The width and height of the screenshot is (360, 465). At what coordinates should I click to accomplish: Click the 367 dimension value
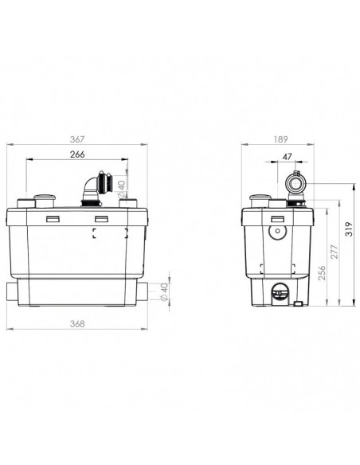click(77, 139)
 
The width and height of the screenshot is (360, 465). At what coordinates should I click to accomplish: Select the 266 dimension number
click(77, 154)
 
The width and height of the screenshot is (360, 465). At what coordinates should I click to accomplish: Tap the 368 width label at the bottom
click(77, 324)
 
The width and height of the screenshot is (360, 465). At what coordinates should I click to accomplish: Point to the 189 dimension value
click(280, 139)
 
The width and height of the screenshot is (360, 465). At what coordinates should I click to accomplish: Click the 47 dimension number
click(287, 156)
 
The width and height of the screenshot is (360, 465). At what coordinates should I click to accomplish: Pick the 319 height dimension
click(350, 229)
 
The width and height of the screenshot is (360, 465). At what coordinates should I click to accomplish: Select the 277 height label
click(335, 252)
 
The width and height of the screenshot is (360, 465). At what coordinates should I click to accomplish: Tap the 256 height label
click(322, 273)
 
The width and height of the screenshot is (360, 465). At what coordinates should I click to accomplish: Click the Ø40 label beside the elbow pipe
click(122, 189)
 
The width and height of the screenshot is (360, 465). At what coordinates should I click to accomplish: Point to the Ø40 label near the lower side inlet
click(164, 292)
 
